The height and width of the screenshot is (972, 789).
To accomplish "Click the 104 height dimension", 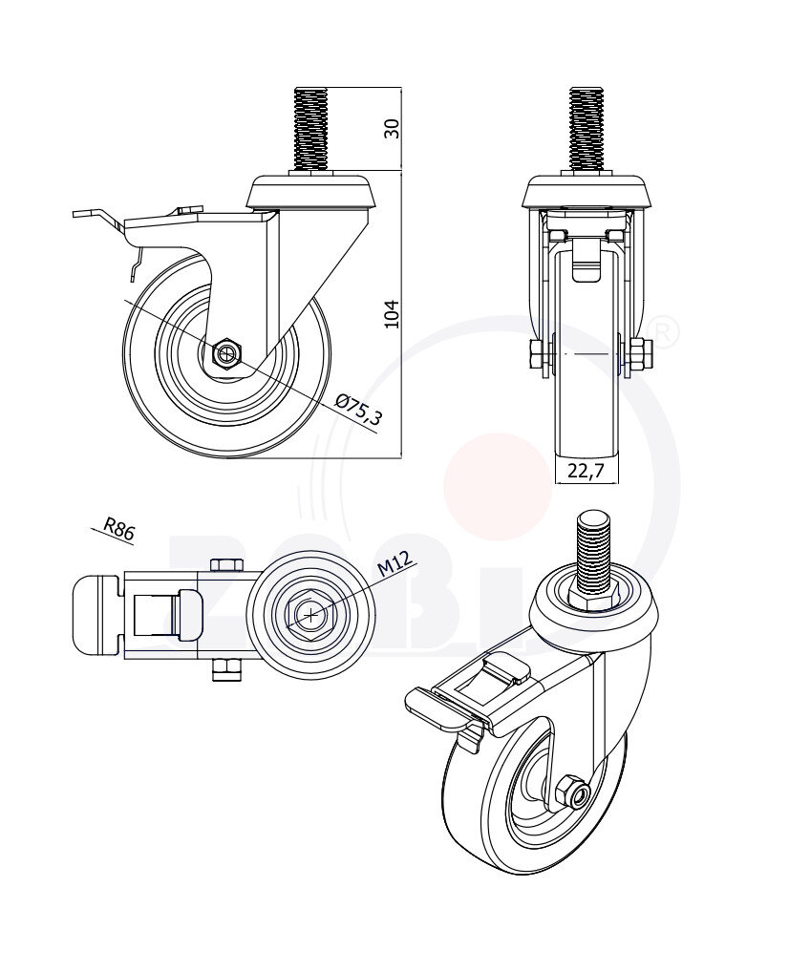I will pyautogui.click(x=391, y=314).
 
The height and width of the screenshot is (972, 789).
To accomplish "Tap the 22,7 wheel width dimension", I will pyautogui.click(x=586, y=470).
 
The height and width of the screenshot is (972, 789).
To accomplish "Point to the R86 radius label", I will pyautogui.click(x=118, y=530).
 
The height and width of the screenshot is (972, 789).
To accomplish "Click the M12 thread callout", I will pyautogui.click(x=394, y=565).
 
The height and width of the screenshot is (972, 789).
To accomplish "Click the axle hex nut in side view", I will pyautogui.click(x=227, y=354).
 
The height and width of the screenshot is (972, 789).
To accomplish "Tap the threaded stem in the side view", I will pyautogui.click(x=310, y=130).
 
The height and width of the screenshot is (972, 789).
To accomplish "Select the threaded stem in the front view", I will pyautogui.click(x=586, y=130).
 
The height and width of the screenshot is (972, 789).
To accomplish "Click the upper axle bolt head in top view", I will pyautogui.click(x=225, y=565).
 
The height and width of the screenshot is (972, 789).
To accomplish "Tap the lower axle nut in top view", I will pyautogui.click(x=225, y=673).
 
